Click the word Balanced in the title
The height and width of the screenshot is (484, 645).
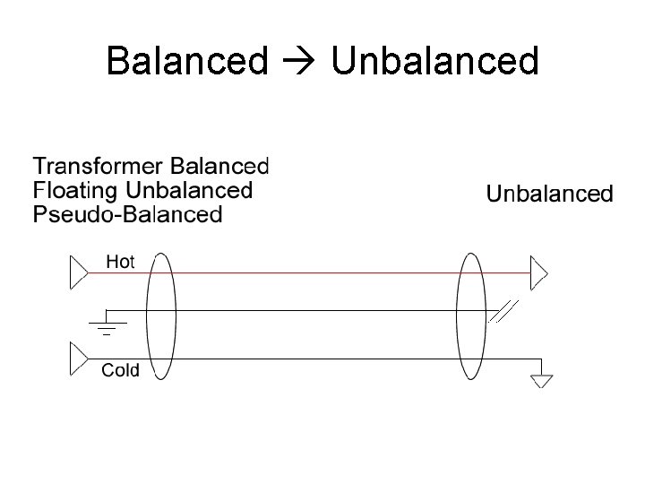click(x=186, y=61)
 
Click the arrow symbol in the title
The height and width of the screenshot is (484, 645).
click(x=298, y=62)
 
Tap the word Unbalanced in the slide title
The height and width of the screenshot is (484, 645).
click(x=434, y=61)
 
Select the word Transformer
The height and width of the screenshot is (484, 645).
click(x=98, y=166)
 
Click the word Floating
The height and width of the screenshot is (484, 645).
click(x=75, y=190)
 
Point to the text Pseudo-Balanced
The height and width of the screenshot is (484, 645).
click(x=126, y=214)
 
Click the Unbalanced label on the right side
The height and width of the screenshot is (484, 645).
click(x=549, y=193)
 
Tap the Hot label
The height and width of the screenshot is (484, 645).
click(x=120, y=261)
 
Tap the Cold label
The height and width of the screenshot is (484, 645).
click(x=120, y=369)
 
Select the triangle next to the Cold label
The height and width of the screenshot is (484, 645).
click(x=79, y=359)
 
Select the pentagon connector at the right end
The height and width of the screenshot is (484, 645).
click(x=538, y=272)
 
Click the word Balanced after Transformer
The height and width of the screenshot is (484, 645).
click(x=219, y=166)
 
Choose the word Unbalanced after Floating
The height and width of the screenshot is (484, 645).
click(x=189, y=190)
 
